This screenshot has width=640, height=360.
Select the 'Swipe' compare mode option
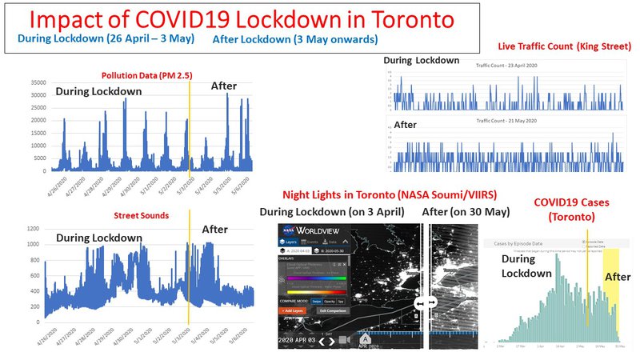327,299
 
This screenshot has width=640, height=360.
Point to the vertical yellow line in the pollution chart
190,128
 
